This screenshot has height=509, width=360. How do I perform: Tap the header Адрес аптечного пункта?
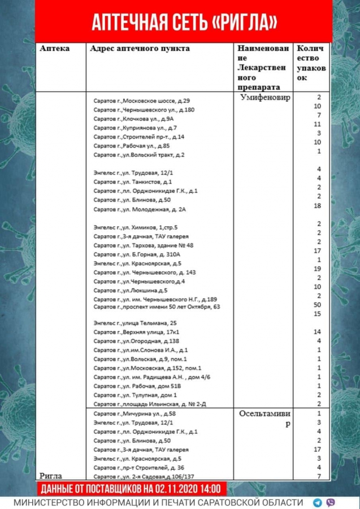pos(140,49)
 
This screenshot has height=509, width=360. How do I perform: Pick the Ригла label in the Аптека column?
pos(51,476)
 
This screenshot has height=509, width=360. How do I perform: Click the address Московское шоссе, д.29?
pos(142,100)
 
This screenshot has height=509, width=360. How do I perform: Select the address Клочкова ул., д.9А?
pos(133,119)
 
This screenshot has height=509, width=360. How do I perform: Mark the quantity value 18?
pos(319,206)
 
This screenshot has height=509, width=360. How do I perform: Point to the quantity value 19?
pos(319,269)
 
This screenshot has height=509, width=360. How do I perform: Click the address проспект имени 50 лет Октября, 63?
pos(157,307)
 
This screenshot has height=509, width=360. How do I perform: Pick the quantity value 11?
pos(318,124)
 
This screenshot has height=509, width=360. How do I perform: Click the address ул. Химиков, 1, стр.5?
pos(135,227)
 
